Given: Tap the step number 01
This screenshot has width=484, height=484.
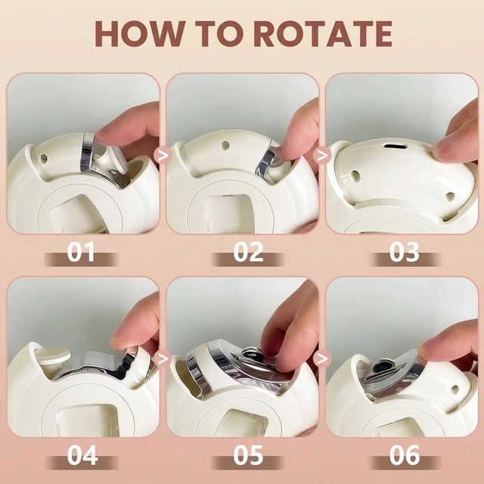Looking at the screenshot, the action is pos(81,252).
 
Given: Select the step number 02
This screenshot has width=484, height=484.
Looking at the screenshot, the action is pos(248,252).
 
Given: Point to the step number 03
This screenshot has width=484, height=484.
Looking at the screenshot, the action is pos(404,252).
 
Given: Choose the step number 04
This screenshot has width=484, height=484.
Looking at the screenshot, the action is pos(82,455).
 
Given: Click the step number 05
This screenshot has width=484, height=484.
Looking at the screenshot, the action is pos(248,455).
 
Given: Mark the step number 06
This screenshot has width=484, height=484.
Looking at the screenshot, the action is pos(405,455).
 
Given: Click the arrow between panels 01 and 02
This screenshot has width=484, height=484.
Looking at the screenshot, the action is pos(163,155).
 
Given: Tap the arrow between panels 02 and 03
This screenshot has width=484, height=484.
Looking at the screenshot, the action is pos(322,155).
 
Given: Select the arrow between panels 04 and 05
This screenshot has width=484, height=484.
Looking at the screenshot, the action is pos(163,358).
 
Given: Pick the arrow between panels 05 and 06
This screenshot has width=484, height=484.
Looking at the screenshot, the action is pos(322,358).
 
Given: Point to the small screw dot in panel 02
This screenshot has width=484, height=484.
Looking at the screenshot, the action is pos(225,144).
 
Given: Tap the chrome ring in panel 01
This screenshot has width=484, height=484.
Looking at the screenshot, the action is pos(88,151).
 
